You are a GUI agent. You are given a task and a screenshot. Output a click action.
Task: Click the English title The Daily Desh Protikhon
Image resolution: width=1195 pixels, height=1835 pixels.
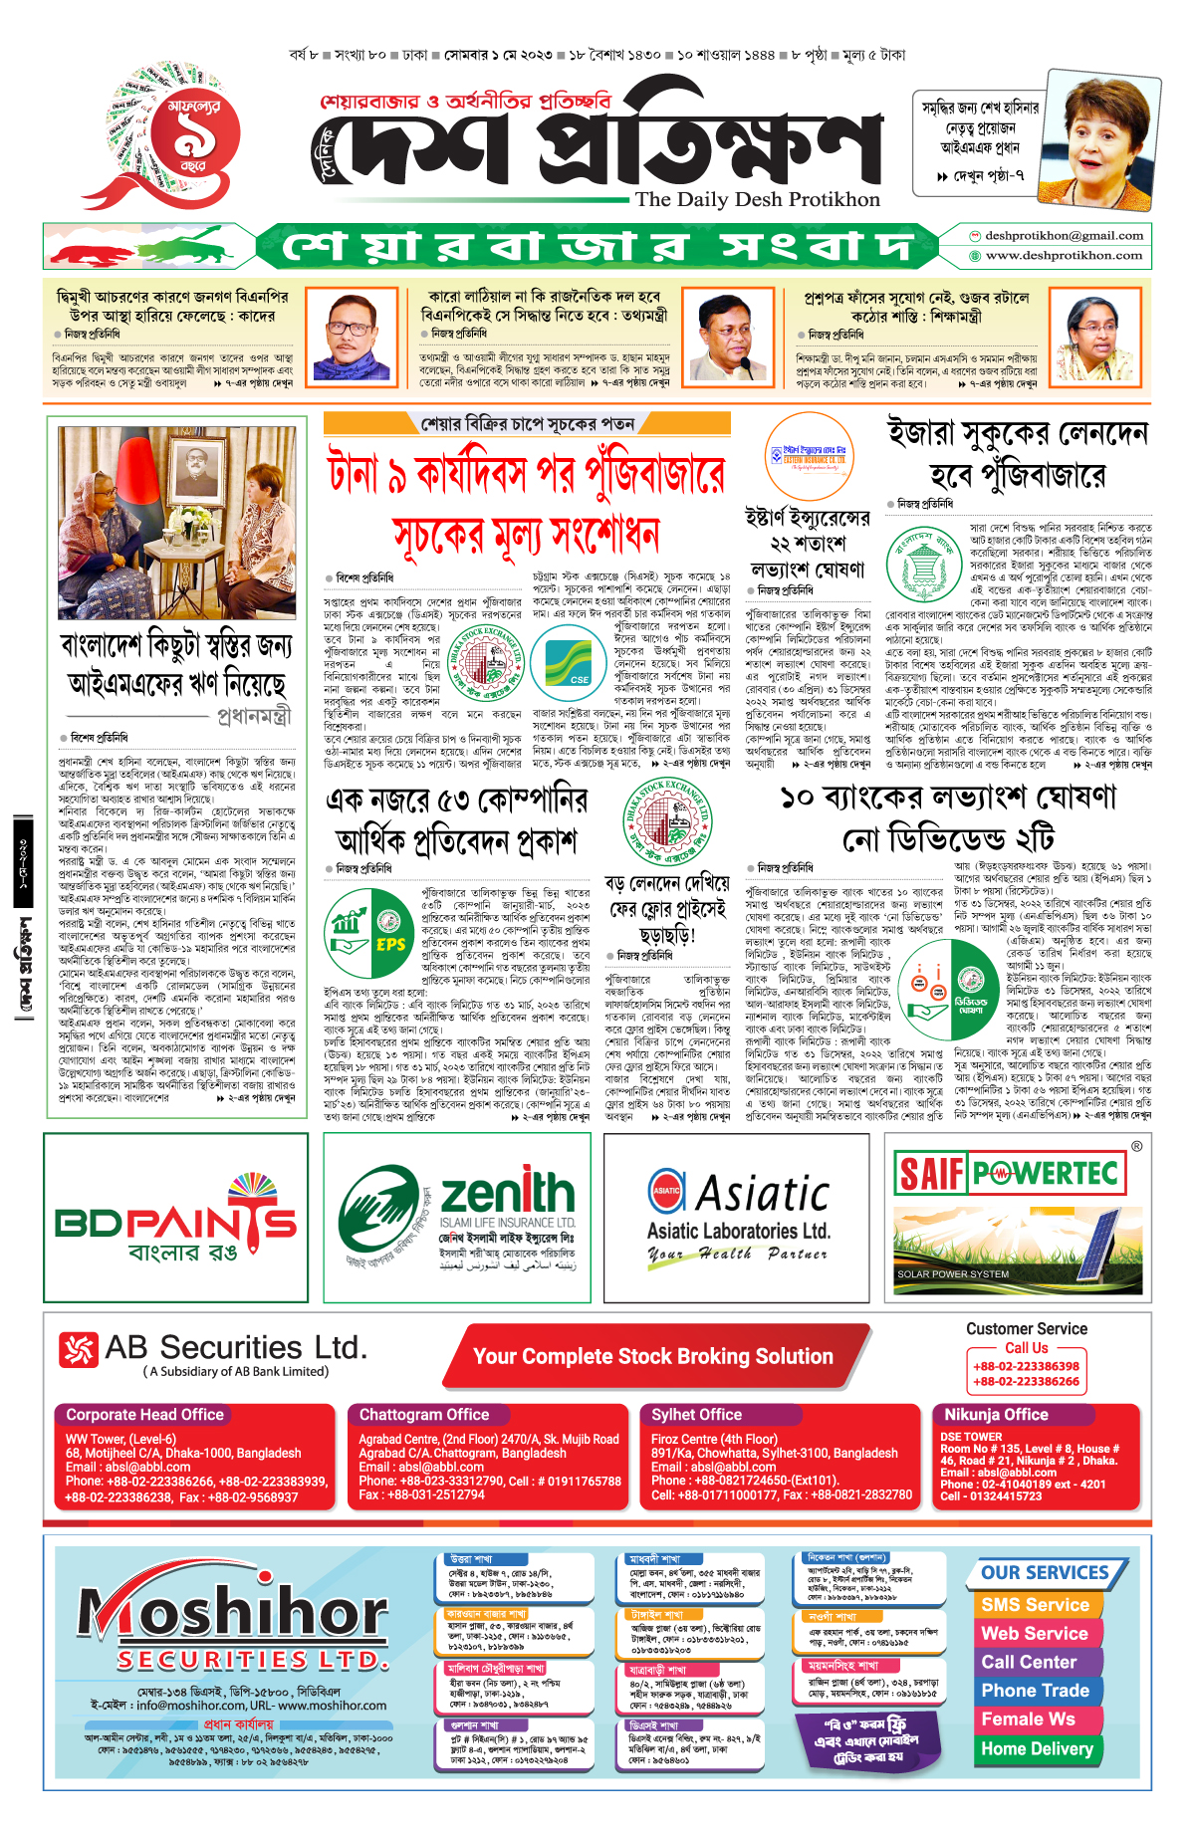pos(758,199)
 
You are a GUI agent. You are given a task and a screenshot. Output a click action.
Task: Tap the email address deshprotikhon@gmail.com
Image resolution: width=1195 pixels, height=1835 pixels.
pos(1064,236)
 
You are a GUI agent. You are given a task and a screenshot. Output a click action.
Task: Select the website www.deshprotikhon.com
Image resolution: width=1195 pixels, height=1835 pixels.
pos(1064,255)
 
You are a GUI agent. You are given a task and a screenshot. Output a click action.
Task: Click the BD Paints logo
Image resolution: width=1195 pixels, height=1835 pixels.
pos(175,1220)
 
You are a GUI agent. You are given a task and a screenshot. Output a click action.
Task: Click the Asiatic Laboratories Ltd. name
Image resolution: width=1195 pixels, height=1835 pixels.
pos(738,1231)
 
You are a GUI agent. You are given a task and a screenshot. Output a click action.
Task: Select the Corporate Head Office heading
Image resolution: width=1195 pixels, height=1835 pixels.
pos(144,1415)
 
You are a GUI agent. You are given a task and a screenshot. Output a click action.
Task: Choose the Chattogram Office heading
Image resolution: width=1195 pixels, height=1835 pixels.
pos(424,1415)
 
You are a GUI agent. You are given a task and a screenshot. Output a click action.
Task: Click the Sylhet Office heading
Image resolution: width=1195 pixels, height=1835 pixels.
pos(696,1415)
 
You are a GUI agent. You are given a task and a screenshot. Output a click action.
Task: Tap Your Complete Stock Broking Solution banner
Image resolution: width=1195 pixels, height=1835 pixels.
pos(652,1356)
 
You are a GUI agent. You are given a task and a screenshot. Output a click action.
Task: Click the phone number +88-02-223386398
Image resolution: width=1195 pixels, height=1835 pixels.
pos(1026,1366)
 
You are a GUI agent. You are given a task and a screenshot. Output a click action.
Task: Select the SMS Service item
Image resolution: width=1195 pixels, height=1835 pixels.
pos(1035,1605)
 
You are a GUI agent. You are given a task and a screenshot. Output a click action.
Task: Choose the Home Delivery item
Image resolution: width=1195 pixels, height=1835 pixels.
pos(1037,1749)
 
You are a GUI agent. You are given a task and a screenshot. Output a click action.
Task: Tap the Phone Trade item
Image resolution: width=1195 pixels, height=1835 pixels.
pos(1035,1691)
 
